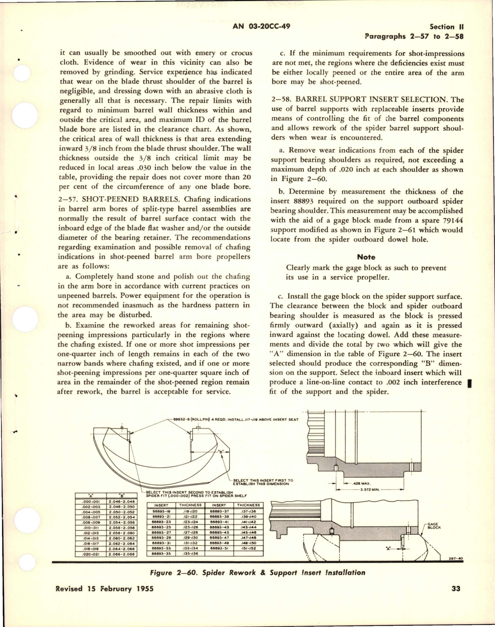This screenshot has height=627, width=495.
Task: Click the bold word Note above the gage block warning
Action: (x=366, y=257)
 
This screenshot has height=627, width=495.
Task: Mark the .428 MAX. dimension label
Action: (x=359, y=483)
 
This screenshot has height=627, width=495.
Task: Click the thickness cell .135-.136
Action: (x=190, y=553)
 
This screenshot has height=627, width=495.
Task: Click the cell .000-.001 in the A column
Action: (x=90, y=501)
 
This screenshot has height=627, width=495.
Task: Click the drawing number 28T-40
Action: (x=457, y=558)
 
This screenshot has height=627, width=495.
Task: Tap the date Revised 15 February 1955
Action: (x=105, y=589)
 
